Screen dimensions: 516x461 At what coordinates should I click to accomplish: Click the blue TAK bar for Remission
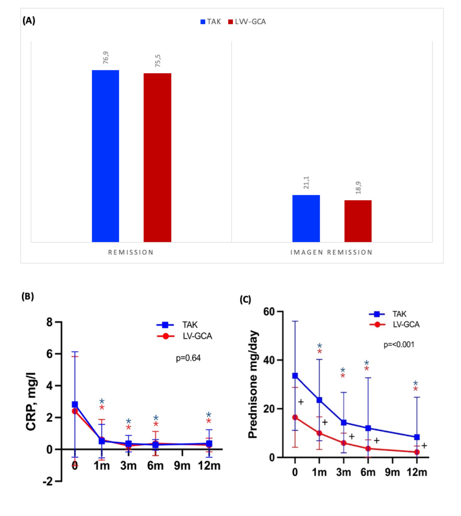click(x=106, y=156)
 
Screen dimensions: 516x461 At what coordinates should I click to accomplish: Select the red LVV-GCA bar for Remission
click(x=157, y=157)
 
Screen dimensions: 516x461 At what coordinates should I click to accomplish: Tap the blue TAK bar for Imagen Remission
click(x=306, y=218)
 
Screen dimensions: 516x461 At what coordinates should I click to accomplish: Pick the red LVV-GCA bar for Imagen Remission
click(x=358, y=221)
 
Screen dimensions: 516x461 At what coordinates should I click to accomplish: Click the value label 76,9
click(x=106, y=57)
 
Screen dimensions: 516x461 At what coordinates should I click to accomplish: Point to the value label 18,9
click(x=358, y=188)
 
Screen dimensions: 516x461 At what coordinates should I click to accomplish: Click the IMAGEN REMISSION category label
click(x=331, y=252)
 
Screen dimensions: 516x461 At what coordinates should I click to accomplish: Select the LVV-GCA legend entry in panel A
click(x=247, y=22)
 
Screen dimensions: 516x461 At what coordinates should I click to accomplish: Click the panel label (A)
click(x=29, y=21)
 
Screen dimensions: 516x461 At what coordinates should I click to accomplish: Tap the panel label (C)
click(x=245, y=300)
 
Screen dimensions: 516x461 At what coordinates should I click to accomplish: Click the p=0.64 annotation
click(x=188, y=358)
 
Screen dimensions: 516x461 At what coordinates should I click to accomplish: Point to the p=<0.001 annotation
click(x=399, y=345)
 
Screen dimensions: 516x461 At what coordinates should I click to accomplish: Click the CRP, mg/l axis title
click(x=31, y=401)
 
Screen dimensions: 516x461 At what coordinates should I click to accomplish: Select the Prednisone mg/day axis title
click(x=253, y=384)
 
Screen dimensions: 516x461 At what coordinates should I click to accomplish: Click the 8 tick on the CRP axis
click(x=49, y=322)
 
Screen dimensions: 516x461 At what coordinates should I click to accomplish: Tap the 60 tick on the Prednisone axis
click(x=269, y=312)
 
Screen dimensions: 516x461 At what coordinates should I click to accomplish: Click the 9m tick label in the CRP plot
click(x=182, y=466)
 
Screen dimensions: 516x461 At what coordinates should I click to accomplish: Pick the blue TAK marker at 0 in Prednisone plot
click(x=295, y=376)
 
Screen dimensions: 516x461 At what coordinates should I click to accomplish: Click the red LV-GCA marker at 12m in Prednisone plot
click(x=417, y=452)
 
